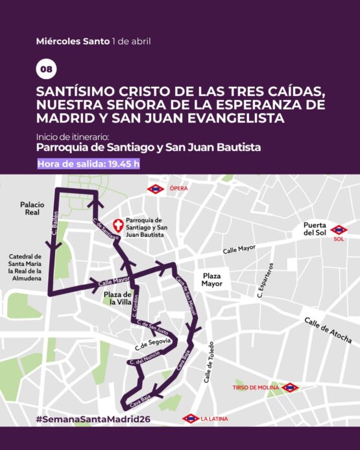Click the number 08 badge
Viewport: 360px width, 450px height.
(x=46, y=69)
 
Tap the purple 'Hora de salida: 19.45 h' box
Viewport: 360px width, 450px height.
(x=88, y=163)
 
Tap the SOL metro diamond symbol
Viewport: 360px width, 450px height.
(x=338, y=230)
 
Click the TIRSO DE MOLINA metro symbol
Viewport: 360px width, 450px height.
(x=290, y=388)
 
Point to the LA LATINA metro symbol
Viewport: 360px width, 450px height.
(x=191, y=418)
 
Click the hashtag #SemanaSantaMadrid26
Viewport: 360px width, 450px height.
(x=93, y=419)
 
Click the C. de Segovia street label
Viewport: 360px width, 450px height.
(x=153, y=341)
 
